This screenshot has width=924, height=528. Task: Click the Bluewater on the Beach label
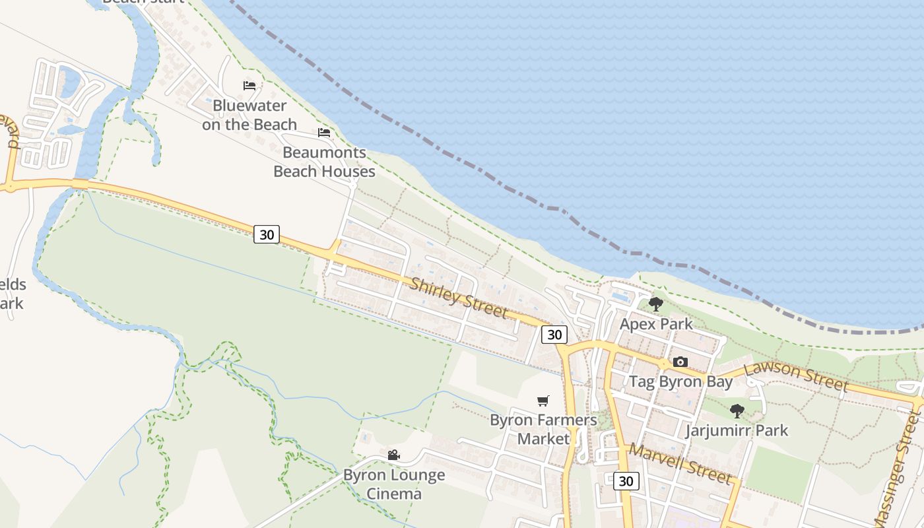(x=249, y=115)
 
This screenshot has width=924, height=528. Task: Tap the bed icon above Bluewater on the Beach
(x=249, y=86)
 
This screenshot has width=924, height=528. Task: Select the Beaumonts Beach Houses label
(x=324, y=162)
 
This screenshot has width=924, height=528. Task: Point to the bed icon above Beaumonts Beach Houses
(x=324, y=132)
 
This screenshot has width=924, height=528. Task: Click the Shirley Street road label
(x=459, y=299)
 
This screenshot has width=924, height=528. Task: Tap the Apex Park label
(x=656, y=324)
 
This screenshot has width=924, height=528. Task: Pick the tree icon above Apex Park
(x=655, y=304)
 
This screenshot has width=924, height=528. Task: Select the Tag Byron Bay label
(x=680, y=381)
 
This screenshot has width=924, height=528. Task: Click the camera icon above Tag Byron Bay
(x=680, y=362)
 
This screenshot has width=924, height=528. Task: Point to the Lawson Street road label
(x=796, y=376)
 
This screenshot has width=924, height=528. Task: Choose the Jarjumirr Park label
(x=737, y=431)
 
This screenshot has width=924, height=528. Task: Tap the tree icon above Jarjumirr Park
(x=737, y=411)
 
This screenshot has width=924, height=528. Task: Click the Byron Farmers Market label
(x=543, y=429)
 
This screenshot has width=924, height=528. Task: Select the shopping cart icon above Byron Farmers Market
(x=543, y=401)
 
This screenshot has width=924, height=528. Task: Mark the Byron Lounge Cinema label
(x=394, y=484)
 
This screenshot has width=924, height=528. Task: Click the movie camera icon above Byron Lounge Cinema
(x=394, y=455)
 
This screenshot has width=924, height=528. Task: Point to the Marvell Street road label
(x=680, y=463)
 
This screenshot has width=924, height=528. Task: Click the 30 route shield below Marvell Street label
(x=626, y=481)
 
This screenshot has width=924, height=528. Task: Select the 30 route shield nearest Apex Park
(x=554, y=335)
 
